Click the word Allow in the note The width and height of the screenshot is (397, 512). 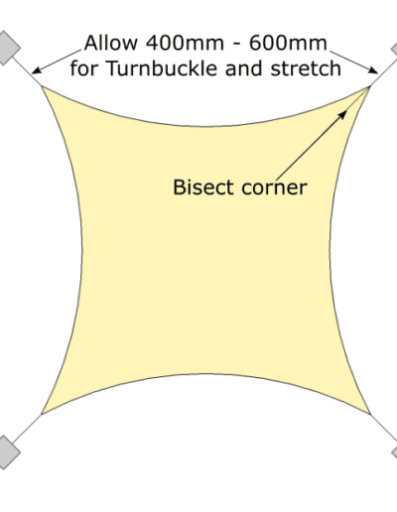point(111,43)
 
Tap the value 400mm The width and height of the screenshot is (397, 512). point(185,43)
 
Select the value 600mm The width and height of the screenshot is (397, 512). point(288,43)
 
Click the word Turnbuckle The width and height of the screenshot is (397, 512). point(162,68)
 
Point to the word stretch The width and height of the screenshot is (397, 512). point(306,68)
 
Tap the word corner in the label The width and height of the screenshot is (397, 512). point(274,189)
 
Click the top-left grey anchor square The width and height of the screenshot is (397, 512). point(5,48)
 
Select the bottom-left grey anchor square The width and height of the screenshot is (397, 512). point(5,451)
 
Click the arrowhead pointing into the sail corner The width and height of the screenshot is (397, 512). point(342,115)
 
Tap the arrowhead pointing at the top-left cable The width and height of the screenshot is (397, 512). point(37,70)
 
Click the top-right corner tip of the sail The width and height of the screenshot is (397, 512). point(370,86)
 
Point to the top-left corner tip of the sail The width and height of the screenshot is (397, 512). point(42,85)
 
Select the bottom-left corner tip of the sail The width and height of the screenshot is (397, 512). point(42,414)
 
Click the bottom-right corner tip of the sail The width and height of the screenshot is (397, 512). point(370,414)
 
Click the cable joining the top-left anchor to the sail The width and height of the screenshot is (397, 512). point(27,71)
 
